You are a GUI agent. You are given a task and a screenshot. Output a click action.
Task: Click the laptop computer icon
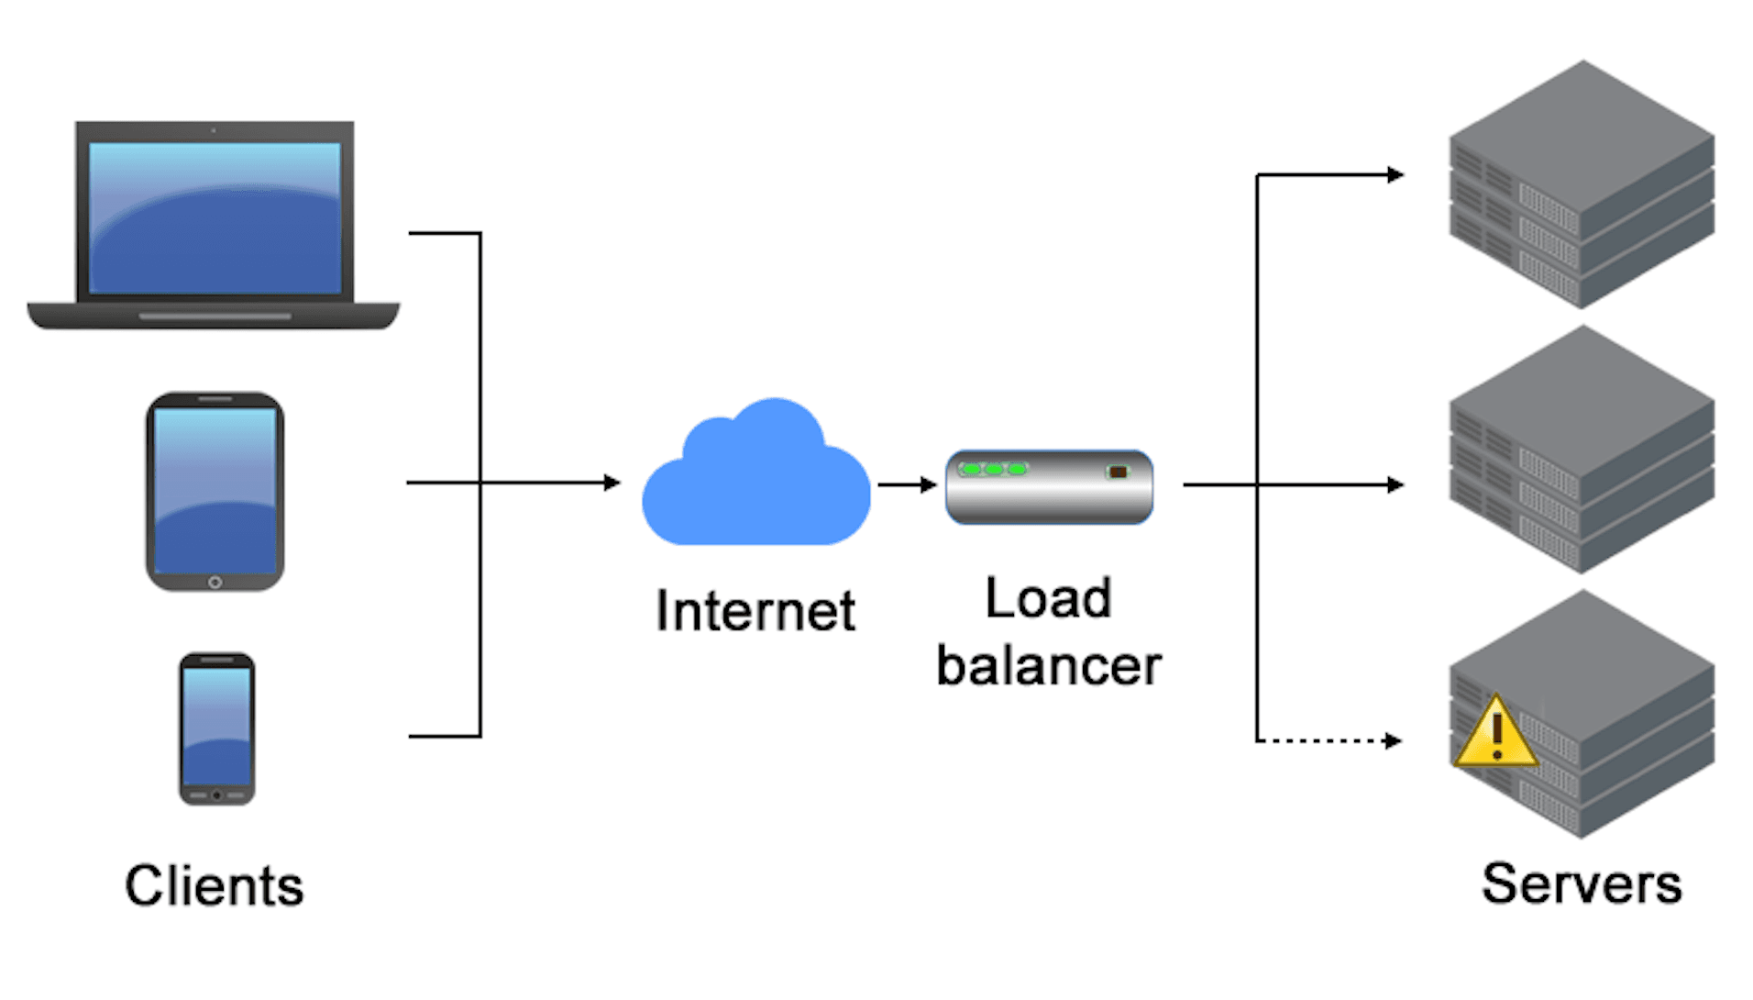(x=214, y=225)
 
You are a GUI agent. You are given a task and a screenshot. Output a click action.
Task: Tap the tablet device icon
(x=215, y=492)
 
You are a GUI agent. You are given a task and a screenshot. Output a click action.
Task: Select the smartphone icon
(x=216, y=728)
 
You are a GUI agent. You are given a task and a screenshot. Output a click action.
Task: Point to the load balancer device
(x=1049, y=486)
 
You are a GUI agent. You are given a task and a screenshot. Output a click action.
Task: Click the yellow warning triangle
(x=1495, y=734)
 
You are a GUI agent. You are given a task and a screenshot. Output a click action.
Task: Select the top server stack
(x=1582, y=183)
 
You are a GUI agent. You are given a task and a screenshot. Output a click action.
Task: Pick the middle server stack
(x=1582, y=450)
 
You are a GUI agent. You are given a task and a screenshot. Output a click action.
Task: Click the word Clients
(x=214, y=886)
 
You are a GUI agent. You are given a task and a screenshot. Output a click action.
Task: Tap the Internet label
(x=755, y=611)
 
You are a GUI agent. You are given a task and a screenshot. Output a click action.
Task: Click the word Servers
(x=1582, y=884)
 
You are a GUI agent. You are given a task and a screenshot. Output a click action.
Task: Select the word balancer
(x=1049, y=666)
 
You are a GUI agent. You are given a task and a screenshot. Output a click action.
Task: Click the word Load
(x=1049, y=599)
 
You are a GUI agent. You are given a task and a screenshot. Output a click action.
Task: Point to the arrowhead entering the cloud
(x=612, y=483)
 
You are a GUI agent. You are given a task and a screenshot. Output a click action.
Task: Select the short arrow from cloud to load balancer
(x=906, y=484)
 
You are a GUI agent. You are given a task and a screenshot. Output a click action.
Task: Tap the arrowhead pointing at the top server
(x=1395, y=174)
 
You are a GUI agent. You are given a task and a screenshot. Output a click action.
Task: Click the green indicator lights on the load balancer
(x=993, y=469)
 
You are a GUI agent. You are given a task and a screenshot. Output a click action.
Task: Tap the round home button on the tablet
(x=215, y=583)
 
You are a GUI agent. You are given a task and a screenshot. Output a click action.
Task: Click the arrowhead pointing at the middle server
(x=1395, y=484)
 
